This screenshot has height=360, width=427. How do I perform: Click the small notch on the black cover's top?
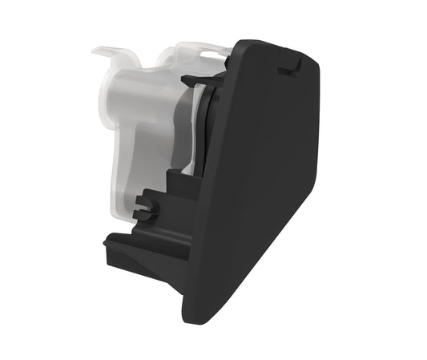(286, 69)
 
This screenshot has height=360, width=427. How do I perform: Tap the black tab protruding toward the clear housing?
(192, 80)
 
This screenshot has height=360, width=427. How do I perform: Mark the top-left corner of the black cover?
(237, 44)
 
